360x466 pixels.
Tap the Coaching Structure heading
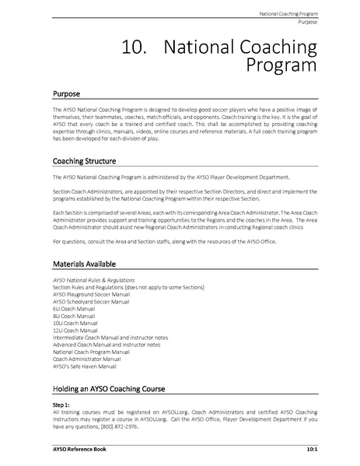84,162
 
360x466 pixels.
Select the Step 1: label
61,405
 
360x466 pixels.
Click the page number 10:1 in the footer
310,450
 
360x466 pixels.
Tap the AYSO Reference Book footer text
75,450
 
